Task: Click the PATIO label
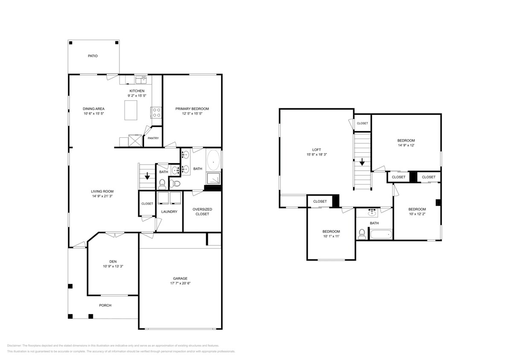pyautogui.click(x=93, y=56)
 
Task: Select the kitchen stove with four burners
pyautogui.click(x=156, y=112)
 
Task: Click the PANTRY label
pyautogui.click(x=153, y=138)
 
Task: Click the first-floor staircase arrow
pyautogui.click(x=147, y=175)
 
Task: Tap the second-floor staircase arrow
pyautogui.click(x=362, y=162)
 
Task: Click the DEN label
pyautogui.click(x=113, y=261)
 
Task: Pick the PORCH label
pyautogui.click(x=105, y=305)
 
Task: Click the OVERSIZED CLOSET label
pyautogui.click(x=202, y=212)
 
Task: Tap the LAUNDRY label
pyautogui.click(x=169, y=212)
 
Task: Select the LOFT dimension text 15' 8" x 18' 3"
pyautogui.click(x=316, y=154)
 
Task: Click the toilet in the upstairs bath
pyautogui.click(x=362, y=233)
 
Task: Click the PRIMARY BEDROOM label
pyautogui.click(x=192, y=109)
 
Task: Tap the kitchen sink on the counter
pyautogui.click(x=141, y=79)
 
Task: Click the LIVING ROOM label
pyautogui.click(x=102, y=191)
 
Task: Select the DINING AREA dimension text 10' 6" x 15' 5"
pyautogui.click(x=93, y=114)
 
